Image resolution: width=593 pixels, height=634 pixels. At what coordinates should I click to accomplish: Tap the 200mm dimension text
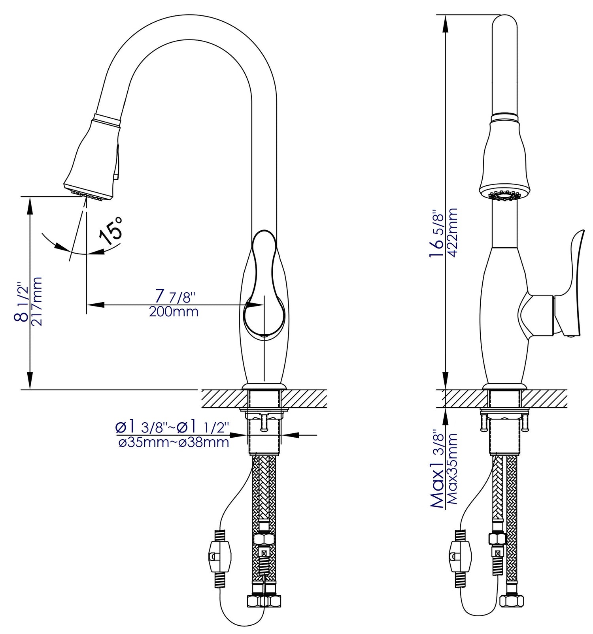click(x=174, y=312)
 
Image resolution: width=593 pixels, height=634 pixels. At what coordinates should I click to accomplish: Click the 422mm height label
click(x=452, y=233)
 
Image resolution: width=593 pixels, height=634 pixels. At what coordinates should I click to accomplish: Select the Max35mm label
click(x=452, y=468)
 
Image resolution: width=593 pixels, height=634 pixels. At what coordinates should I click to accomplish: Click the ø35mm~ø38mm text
click(x=174, y=442)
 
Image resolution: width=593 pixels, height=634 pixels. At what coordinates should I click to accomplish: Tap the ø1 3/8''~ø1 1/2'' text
click(x=172, y=427)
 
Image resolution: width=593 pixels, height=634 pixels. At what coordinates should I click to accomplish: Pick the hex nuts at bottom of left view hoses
click(x=264, y=601)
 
